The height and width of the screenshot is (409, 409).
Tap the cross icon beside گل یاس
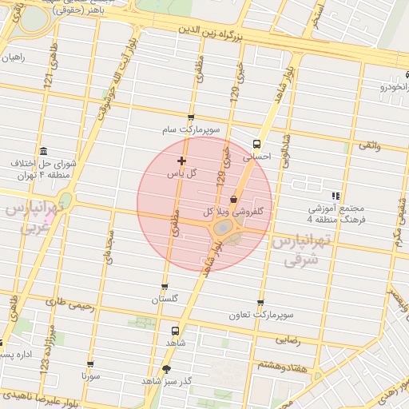(181, 161)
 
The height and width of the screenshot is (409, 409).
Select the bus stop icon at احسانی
(256, 145)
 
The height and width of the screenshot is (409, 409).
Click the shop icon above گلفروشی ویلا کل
(233, 199)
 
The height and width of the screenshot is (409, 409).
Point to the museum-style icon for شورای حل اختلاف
(42, 152)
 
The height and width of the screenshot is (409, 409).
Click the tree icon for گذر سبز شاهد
(166, 369)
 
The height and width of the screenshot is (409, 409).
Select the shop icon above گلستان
(165, 287)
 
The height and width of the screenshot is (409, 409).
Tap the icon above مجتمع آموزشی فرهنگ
(336, 195)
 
